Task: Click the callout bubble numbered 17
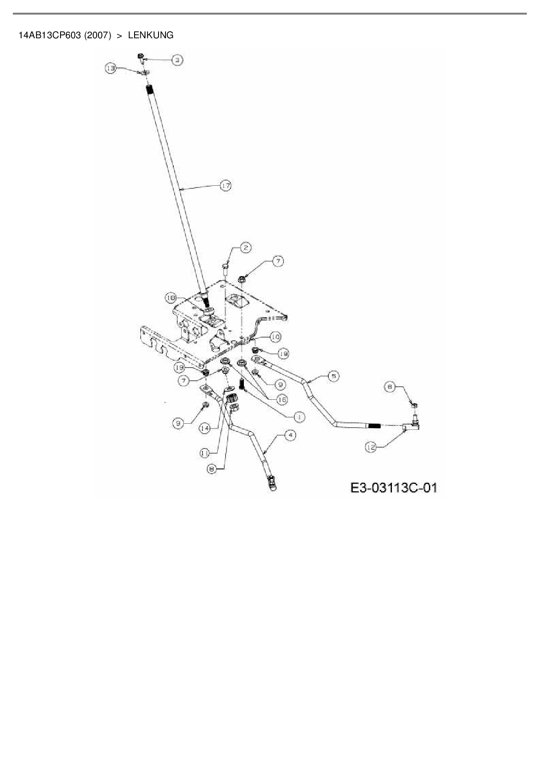pyautogui.click(x=225, y=186)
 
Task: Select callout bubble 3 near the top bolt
pyautogui.click(x=177, y=60)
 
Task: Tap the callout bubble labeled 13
pyautogui.click(x=111, y=68)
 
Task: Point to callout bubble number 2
pyautogui.click(x=246, y=248)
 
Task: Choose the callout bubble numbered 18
pyautogui.click(x=171, y=298)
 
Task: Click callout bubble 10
pyautogui.click(x=275, y=337)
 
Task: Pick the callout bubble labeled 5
pyautogui.click(x=333, y=376)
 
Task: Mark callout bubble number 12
pyautogui.click(x=371, y=447)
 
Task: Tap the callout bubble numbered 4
pyautogui.click(x=290, y=435)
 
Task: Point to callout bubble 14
pyautogui.click(x=205, y=428)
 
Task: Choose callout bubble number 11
pyautogui.click(x=205, y=453)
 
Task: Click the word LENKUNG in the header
pyautogui.click(x=151, y=35)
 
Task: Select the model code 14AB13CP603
pyautogui.click(x=50, y=35)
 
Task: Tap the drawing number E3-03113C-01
pyautogui.click(x=394, y=488)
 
